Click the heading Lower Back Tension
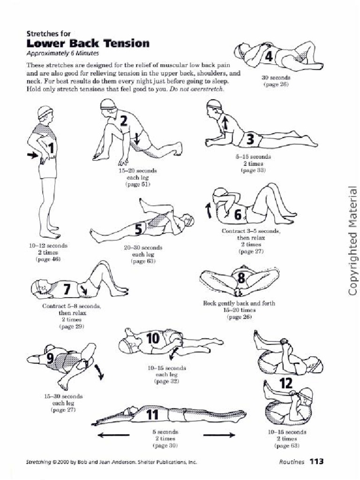pyautogui.click(x=88, y=44)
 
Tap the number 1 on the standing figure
pyautogui.click(x=51, y=149)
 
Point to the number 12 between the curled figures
pyautogui.click(x=286, y=384)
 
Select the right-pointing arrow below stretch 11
pyautogui.click(x=219, y=435)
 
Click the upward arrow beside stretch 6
pyautogui.click(x=209, y=211)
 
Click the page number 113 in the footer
pyautogui.click(x=316, y=462)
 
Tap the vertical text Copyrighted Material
pyautogui.click(x=353, y=241)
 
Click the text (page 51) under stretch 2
pyautogui.click(x=137, y=185)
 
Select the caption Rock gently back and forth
pyautogui.click(x=239, y=303)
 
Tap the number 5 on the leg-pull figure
pyautogui.click(x=139, y=229)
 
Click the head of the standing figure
pyautogui.click(x=45, y=113)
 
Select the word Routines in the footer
pyautogui.click(x=292, y=462)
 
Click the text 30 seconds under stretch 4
pyautogui.click(x=275, y=77)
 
